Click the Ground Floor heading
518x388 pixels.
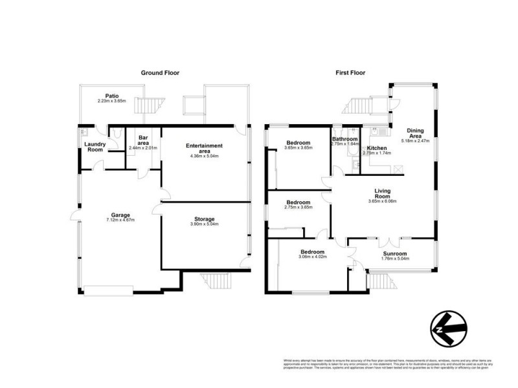coord(160,73)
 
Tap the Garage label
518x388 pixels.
coord(120,215)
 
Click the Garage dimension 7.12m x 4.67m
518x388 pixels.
coord(120,220)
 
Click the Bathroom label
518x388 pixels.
coord(344,139)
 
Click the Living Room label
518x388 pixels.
coord(386,193)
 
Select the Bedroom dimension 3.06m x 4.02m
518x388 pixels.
coord(312,257)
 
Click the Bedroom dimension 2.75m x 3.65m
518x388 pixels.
coord(299,207)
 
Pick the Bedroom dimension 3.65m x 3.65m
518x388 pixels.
coord(298,147)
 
